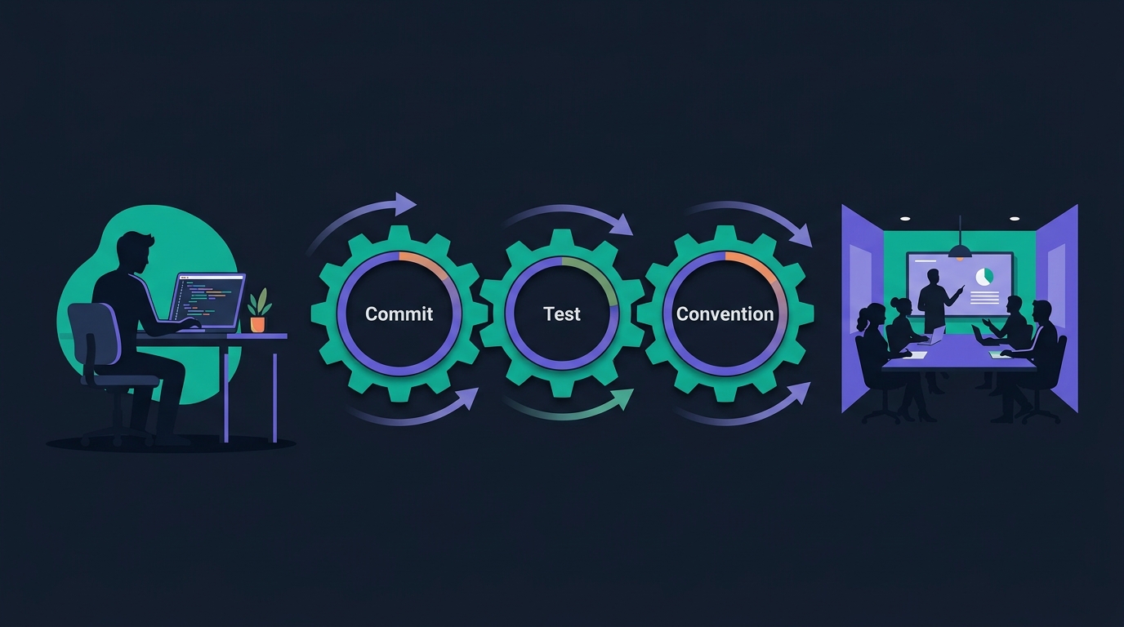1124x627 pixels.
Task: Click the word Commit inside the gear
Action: (399, 314)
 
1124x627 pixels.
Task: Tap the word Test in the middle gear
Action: (562, 314)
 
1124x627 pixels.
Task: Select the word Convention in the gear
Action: (725, 314)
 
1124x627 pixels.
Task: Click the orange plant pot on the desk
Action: (257, 324)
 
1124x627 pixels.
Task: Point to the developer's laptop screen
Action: (207, 297)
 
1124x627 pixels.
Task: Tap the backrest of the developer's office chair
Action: (96, 334)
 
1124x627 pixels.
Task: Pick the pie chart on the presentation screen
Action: (984, 277)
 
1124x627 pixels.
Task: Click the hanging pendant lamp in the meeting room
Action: (960, 251)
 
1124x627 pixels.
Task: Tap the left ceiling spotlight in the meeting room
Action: (905, 219)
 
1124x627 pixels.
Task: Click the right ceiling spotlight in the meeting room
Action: (1014, 219)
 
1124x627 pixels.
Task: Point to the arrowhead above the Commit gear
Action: (405, 203)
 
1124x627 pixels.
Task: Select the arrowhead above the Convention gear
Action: (802, 235)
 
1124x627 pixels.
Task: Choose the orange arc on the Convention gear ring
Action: (752, 263)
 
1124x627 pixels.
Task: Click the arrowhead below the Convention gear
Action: (801, 393)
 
